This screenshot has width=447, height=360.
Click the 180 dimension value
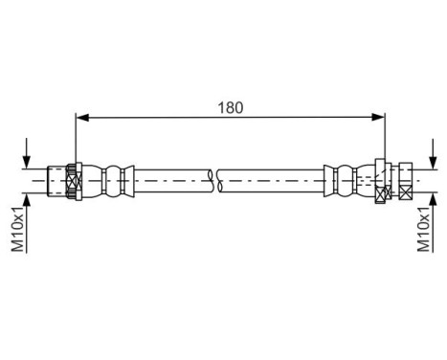pyautogui.click(x=230, y=106)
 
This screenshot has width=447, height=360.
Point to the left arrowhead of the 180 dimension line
pyautogui.click(x=81, y=118)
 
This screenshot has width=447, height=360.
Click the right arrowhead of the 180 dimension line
pyautogui.click(x=380, y=118)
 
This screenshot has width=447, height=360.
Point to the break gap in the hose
pyautogui.click(x=215, y=178)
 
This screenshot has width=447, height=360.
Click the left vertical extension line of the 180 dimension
pyautogui.click(x=75, y=139)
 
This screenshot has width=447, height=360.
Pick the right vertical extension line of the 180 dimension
pyautogui.click(x=386, y=139)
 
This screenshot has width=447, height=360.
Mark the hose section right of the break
pyautogui.click(x=273, y=178)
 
